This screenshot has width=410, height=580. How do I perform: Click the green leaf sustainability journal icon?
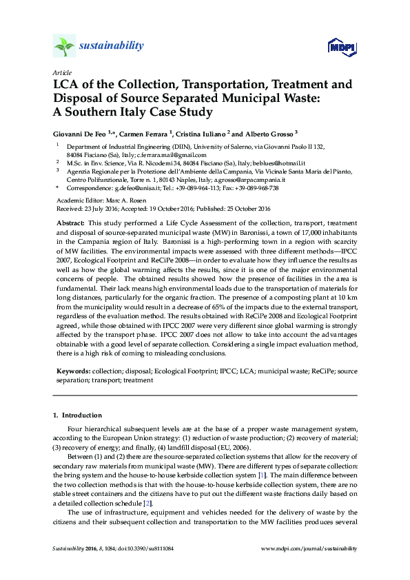coord(63,46)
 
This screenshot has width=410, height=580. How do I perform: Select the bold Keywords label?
coord(72,371)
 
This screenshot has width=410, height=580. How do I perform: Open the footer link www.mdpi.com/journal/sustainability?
coord(310,548)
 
